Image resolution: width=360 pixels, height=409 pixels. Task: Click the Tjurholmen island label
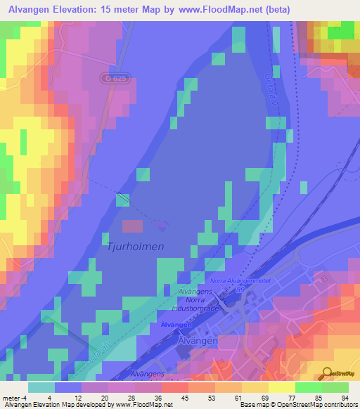136,247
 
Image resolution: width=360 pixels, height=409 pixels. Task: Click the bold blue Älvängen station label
176,325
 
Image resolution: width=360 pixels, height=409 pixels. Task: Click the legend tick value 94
344,398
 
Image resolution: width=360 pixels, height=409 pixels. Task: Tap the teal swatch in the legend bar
41,387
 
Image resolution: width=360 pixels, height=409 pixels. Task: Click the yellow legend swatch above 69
255,387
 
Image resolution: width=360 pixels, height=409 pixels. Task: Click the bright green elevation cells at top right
341,32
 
